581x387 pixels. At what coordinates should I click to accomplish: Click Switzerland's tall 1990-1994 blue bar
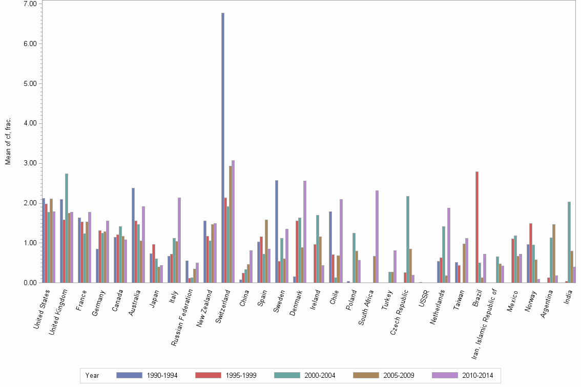click(x=223, y=148)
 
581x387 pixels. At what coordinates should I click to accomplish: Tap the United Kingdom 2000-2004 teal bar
click(x=67, y=228)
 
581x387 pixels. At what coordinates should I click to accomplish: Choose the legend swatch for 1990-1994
click(x=130, y=375)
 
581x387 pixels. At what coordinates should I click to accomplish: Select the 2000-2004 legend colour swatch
click(x=287, y=375)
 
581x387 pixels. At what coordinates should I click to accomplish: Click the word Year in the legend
click(x=92, y=375)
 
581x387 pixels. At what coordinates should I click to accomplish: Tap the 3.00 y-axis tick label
click(x=30, y=163)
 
